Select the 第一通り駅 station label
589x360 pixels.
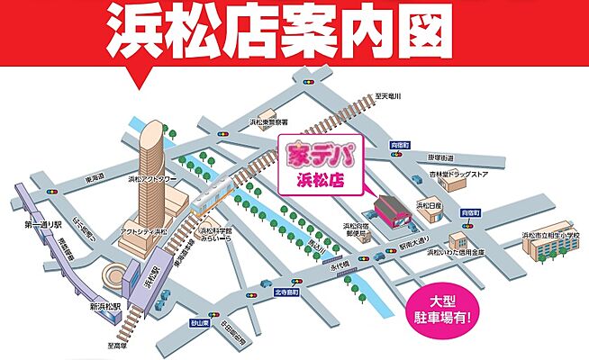25,221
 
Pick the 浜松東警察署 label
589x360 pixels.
270,121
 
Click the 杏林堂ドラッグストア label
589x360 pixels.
458,176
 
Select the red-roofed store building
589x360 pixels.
388,212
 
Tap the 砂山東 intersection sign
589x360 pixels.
199,322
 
